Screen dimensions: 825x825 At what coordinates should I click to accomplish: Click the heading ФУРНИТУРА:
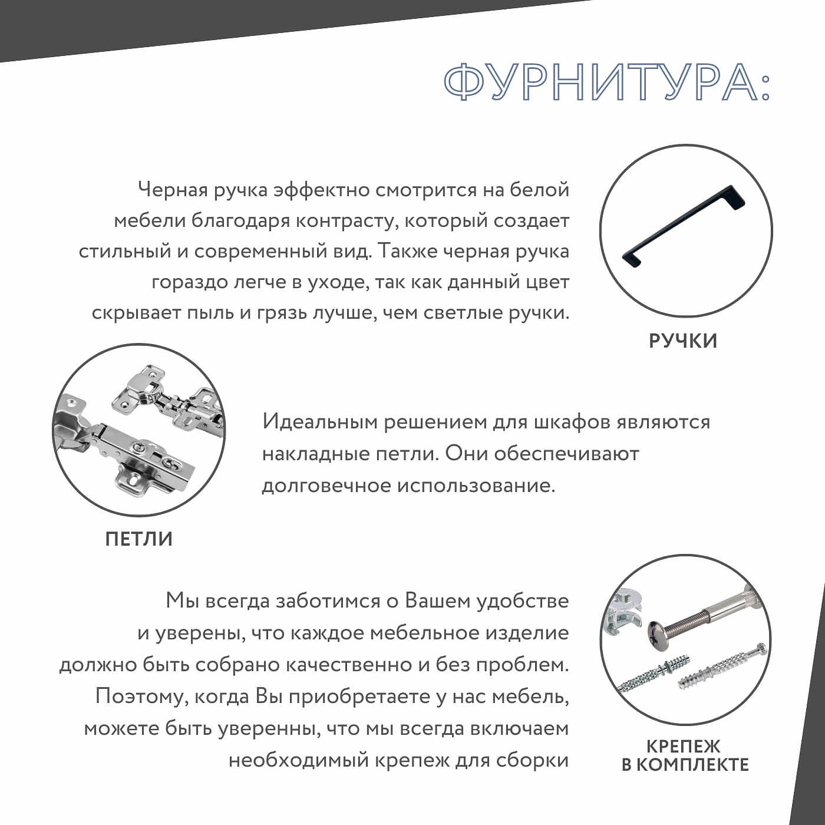(606, 83)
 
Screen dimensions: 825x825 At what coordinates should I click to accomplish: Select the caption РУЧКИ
(683, 341)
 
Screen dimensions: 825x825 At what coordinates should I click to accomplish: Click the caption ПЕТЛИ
(138, 539)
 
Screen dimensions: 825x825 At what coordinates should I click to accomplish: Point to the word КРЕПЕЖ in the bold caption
(683, 746)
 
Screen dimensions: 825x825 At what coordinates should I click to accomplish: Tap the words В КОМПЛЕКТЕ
(685, 765)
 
